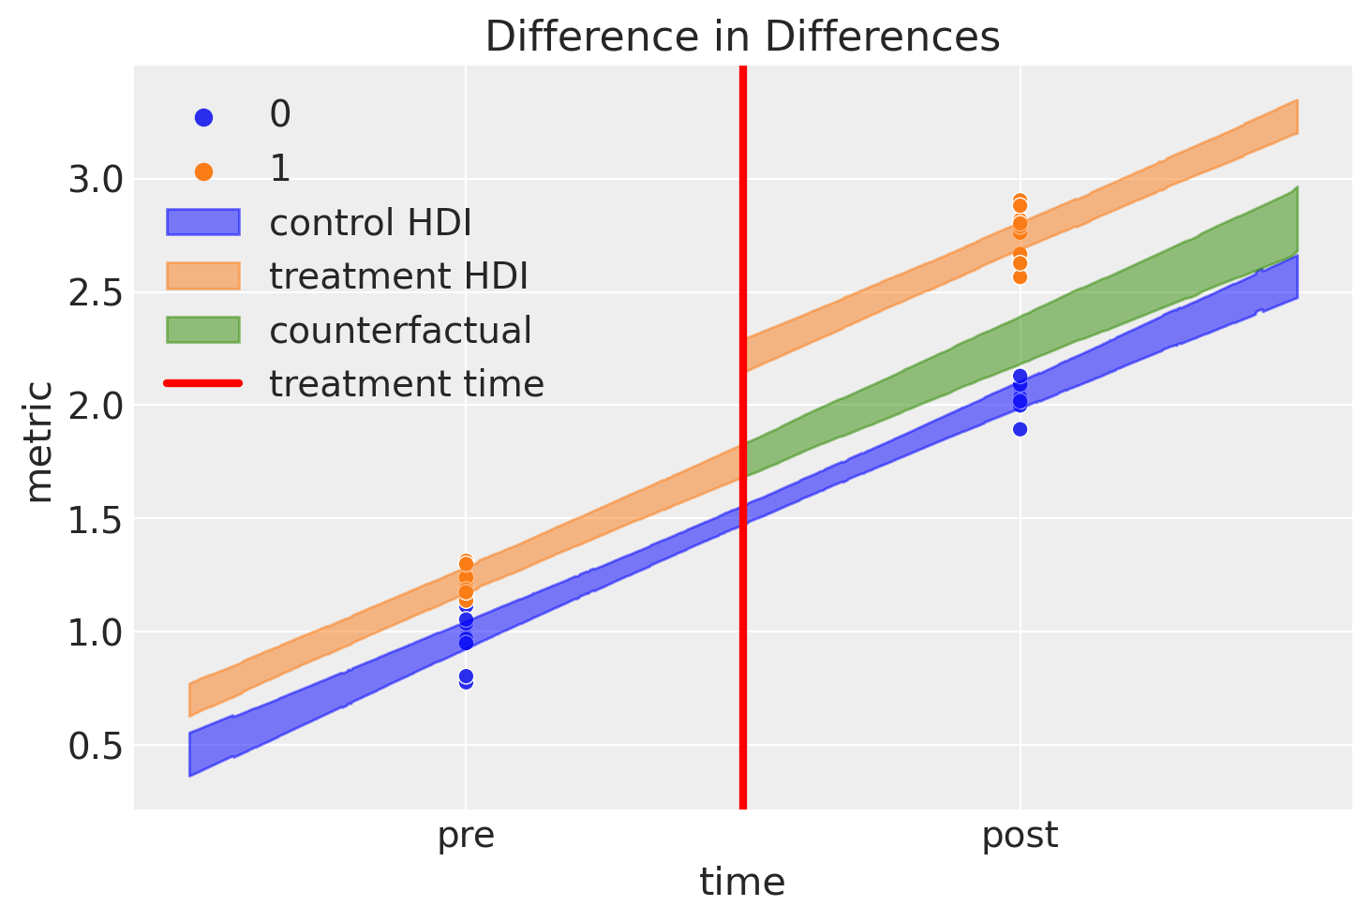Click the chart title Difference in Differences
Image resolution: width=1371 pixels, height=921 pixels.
pos(742,37)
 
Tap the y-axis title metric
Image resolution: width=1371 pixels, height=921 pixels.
pos(39,441)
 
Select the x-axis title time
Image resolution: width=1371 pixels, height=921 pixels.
pos(742,883)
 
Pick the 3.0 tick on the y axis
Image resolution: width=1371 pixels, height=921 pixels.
pos(95,179)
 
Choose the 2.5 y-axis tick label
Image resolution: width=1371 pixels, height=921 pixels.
pos(95,292)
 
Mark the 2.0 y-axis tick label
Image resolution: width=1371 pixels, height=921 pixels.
pos(95,406)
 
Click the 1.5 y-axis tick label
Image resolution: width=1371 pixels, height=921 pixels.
pos(95,519)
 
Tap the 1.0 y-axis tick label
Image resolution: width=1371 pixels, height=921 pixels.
pos(95,632)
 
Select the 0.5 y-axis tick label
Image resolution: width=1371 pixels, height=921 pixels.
pos(95,746)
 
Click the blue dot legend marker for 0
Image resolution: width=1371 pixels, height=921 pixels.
pos(203,117)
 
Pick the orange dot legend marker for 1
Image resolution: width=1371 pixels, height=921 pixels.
pos(203,171)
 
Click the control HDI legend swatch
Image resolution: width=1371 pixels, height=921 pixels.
pos(203,223)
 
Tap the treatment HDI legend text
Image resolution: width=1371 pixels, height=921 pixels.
pos(398,276)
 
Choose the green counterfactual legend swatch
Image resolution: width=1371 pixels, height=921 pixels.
pos(203,330)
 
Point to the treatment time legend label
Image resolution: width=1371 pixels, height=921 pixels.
pos(407,384)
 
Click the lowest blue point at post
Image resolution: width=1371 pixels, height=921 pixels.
pos(1020,429)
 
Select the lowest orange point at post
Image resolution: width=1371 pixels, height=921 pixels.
pos(1020,276)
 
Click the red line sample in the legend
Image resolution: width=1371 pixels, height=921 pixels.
pos(203,383)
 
